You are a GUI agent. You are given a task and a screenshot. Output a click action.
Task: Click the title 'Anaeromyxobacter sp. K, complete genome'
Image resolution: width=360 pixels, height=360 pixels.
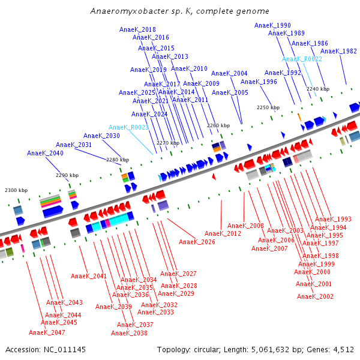pyautogui.click(x=179, y=11)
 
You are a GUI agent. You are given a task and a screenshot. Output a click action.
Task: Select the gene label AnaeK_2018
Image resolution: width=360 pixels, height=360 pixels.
pyautogui.click(x=143, y=29)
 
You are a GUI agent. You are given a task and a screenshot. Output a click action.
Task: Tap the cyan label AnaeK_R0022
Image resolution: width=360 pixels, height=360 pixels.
pyautogui.click(x=302, y=59)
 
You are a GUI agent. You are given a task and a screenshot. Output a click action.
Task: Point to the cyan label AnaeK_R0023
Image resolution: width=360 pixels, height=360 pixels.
pyautogui.click(x=128, y=127)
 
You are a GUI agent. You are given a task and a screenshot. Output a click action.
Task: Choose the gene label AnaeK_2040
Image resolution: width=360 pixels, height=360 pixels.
pyautogui.click(x=45, y=153)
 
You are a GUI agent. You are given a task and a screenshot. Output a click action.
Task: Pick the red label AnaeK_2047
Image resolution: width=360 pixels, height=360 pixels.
pyautogui.click(x=47, y=332)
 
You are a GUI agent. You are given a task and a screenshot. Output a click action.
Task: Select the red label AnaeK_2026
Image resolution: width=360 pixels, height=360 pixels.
pyautogui.click(x=197, y=242)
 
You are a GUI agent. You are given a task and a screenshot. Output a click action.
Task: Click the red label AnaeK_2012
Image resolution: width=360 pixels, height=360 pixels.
pyautogui.click(x=223, y=233)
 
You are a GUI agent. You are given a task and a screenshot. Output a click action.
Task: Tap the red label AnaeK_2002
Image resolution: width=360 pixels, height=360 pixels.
pyautogui.click(x=315, y=296)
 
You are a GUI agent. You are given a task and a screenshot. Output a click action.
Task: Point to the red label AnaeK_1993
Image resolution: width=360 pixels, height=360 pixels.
pyautogui.click(x=333, y=219)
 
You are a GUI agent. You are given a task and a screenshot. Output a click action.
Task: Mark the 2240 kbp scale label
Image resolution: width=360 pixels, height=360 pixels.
pyautogui.click(x=317, y=89)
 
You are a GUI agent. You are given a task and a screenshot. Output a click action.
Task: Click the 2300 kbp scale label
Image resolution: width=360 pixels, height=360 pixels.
pyautogui.click(x=16, y=190)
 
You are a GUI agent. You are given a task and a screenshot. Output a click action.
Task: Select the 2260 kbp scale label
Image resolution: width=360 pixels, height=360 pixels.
pyautogui.click(x=218, y=125)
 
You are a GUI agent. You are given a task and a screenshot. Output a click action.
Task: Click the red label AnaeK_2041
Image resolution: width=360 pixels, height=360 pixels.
pyautogui.click(x=89, y=276)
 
